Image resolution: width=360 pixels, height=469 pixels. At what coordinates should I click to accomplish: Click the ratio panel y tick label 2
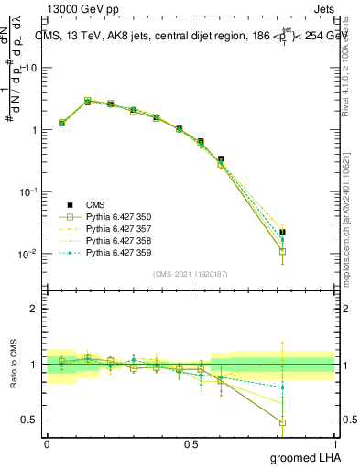point(34,309)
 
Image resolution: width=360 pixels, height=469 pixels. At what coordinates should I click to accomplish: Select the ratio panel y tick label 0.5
point(29,420)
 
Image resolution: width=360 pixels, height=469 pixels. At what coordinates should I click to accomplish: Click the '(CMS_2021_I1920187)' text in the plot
point(191,274)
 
